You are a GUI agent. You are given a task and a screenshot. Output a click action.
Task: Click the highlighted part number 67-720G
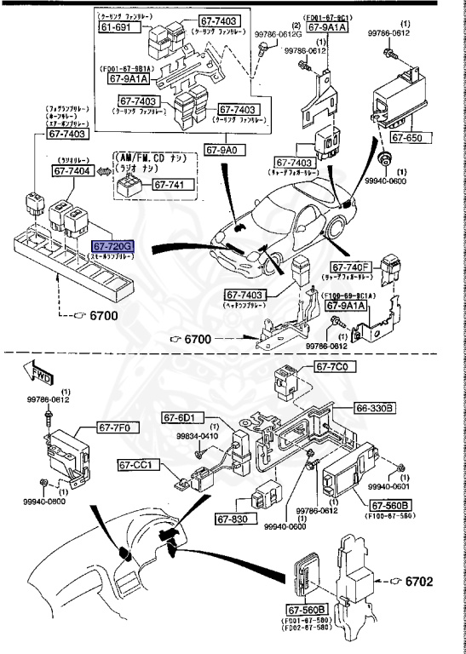[112, 246]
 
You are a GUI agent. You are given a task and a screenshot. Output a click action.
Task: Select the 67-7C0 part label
[334, 367]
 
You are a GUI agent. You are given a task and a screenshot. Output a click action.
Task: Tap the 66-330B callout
[375, 409]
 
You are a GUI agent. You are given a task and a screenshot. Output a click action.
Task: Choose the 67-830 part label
[231, 519]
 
